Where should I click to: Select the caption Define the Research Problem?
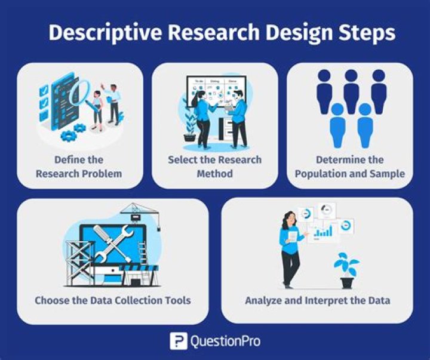pos(79,167)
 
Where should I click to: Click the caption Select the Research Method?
pos(214,167)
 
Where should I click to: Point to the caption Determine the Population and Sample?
pos(351,167)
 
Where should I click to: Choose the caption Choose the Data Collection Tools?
pos(113,300)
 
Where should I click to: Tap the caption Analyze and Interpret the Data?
pos(317,300)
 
